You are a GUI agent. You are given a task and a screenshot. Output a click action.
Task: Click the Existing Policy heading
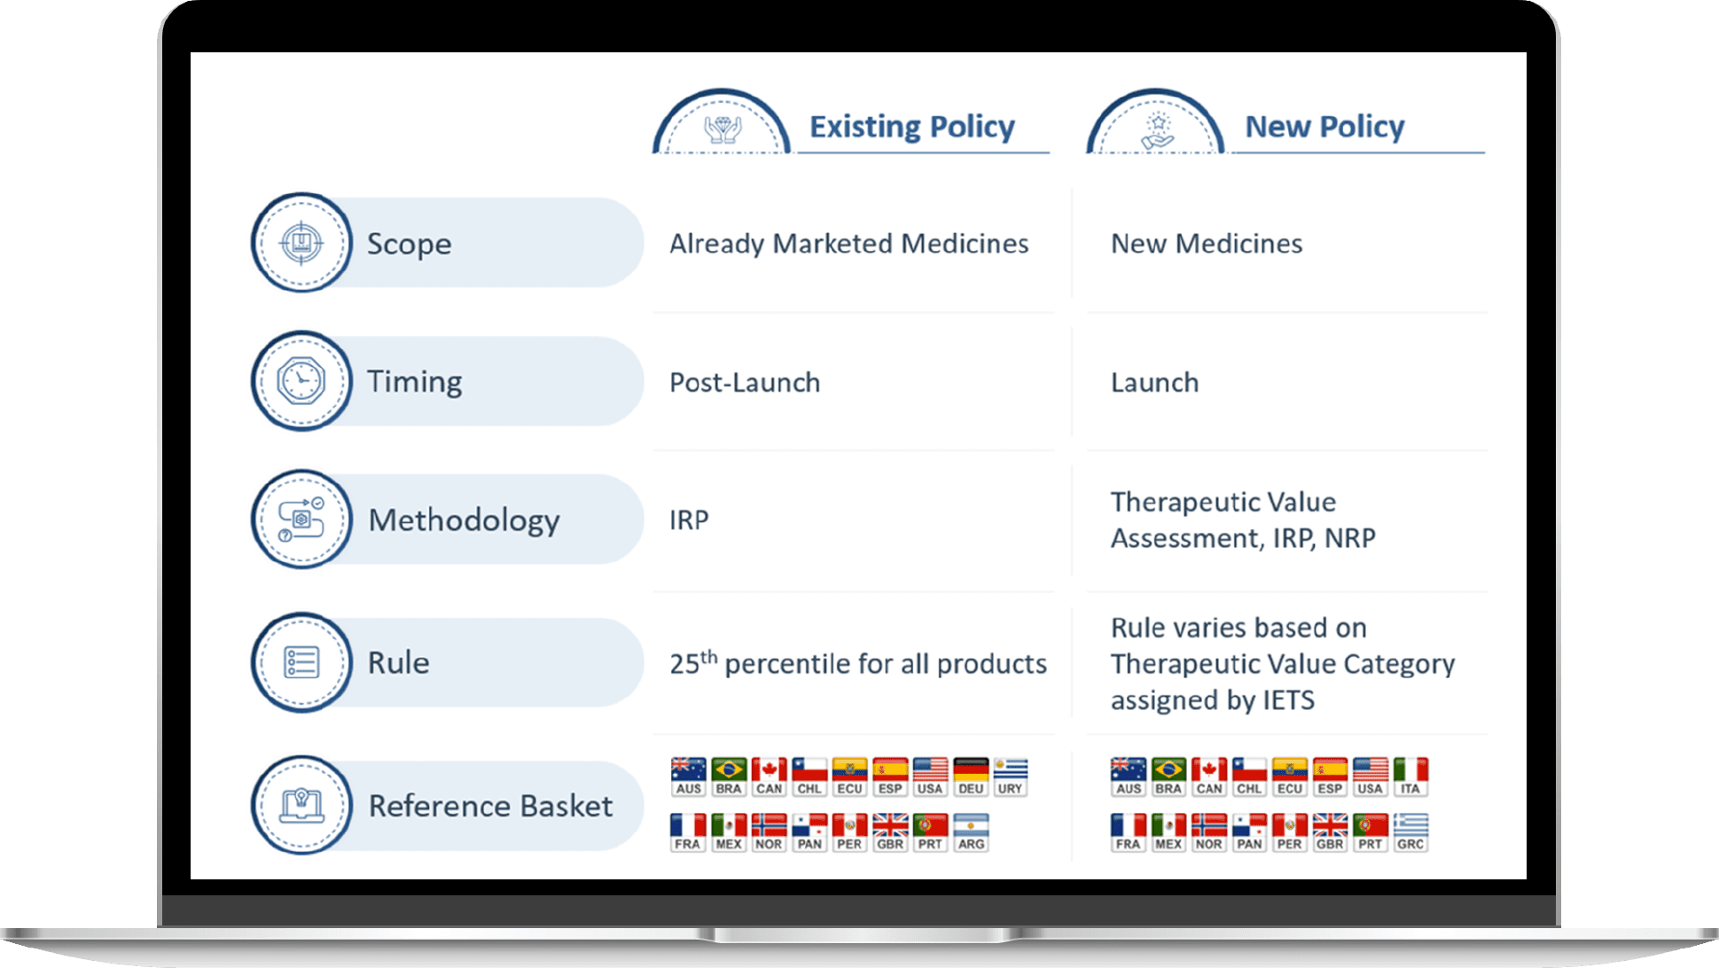coord(912,127)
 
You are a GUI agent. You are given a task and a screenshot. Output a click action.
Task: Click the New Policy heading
coord(1324,127)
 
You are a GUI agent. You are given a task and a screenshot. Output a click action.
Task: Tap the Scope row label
coord(410,244)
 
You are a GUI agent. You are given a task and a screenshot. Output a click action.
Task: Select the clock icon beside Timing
coord(301,381)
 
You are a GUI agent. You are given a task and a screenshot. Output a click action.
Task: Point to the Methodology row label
coord(464,520)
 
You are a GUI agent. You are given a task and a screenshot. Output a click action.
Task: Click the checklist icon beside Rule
coord(301,662)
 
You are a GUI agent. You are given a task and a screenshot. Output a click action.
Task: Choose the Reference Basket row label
coord(490,806)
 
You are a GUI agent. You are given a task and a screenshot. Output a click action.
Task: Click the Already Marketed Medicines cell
coord(848,244)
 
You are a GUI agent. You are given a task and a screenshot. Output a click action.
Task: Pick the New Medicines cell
coord(1207,244)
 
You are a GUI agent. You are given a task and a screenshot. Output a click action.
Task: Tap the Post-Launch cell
coord(745,382)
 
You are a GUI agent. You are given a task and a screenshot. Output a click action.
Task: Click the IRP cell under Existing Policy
coord(689,520)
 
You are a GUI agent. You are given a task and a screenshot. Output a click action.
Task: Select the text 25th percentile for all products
coord(858,663)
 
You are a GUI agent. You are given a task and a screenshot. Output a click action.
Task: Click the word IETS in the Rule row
coord(1288,700)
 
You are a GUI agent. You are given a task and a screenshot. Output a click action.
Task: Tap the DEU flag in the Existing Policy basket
coord(971,777)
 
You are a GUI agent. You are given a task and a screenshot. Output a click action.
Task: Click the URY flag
coord(1011,777)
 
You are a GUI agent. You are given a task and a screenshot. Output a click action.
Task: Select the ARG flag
coord(971,832)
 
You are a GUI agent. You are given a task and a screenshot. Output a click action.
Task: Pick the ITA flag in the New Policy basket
coord(1410,777)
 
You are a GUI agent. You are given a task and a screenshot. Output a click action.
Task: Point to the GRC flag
coord(1410,832)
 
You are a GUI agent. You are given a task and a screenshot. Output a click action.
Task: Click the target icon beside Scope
coord(301,243)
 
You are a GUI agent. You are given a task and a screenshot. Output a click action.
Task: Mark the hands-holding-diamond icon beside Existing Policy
coord(723,129)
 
